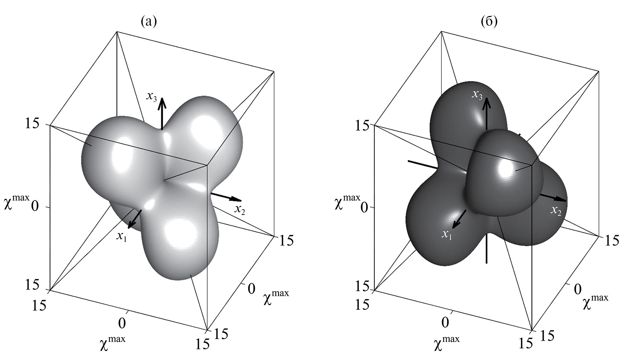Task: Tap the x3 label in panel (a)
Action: coord(152,96)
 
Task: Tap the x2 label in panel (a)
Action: coord(240,210)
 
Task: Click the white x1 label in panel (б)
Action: coord(447,235)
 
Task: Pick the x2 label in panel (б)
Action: coord(556,211)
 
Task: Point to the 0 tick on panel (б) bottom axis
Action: coord(445,322)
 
